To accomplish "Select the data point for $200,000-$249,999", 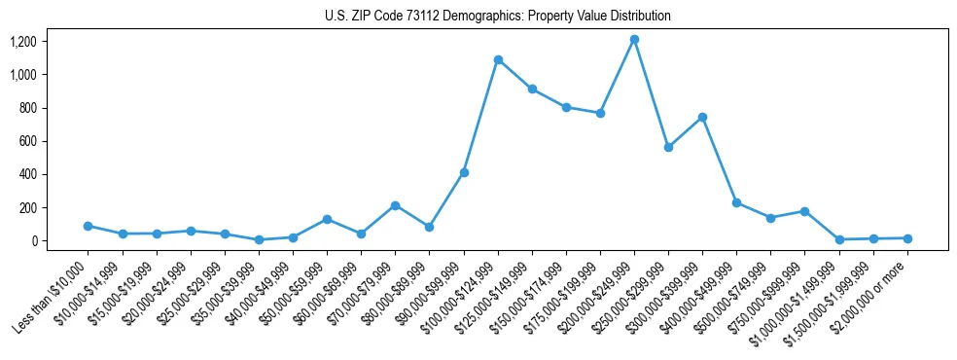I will (634, 39).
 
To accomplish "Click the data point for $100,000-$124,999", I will (498, 59).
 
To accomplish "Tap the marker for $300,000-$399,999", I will (702, 117).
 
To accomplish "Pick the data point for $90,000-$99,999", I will (464, 172).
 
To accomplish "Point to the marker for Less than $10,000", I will (89, 226).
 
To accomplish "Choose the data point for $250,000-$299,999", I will (668, 147).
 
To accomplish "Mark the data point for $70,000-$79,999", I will (395, 205).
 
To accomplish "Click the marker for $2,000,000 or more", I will (907, 238).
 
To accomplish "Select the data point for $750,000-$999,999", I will (804, 211).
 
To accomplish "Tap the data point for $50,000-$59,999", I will (327, 219).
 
